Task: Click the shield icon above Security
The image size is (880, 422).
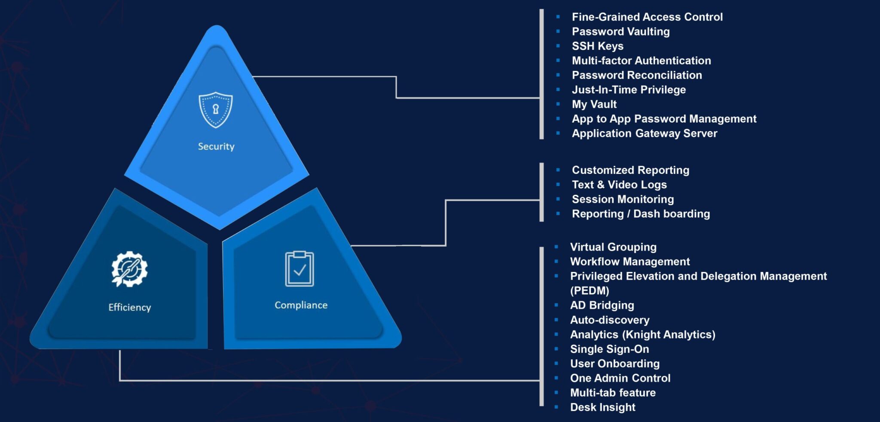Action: coord(216,110)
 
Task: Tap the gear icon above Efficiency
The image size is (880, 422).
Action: coord(129,269)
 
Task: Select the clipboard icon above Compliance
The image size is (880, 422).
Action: coord(299,269)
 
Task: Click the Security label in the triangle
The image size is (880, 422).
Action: coord(216,147)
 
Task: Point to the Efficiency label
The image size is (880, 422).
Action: coord(130,308)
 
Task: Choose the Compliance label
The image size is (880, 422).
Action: coord(301,305)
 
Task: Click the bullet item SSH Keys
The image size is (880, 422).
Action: coord(597,46)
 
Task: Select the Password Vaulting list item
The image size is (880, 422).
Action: coord(620,31)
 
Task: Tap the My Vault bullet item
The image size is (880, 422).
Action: coord(594,104)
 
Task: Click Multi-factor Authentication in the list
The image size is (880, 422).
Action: coord(641,61)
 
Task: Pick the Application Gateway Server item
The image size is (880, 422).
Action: coord(644,133)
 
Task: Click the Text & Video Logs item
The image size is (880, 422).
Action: coord(619,185)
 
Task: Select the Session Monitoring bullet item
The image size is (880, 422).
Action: coord(623,199)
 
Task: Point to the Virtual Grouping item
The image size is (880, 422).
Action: coord(613,247)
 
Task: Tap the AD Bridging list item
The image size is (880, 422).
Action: coord(602,305)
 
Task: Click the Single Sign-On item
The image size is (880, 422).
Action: coord(609,349)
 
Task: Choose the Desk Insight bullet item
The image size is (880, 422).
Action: coord(602,407)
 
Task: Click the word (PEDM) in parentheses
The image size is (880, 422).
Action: coord(590,291)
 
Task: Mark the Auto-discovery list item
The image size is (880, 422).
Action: coord(610,320)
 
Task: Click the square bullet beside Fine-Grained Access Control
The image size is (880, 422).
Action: coord(558,17)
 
